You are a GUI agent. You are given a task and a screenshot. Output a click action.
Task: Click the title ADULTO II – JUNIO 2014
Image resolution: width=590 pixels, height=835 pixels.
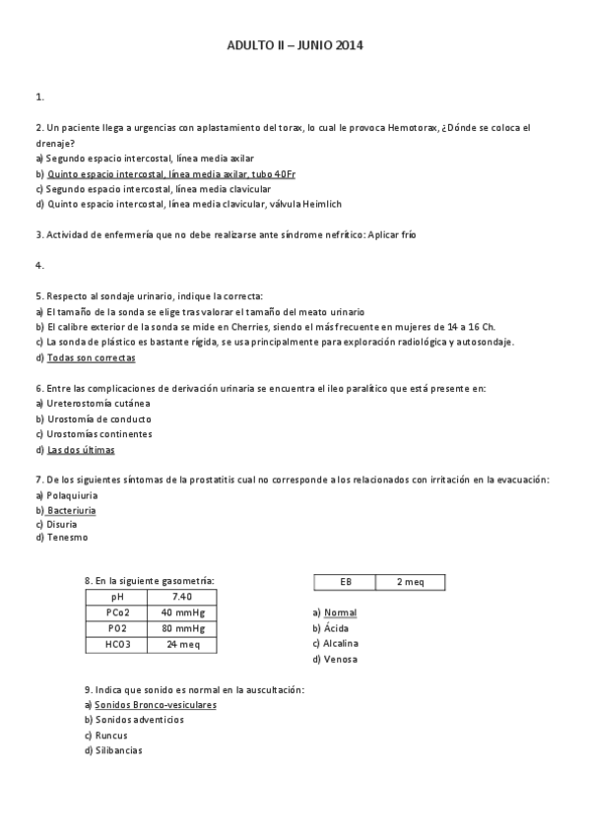(x=295, y=45)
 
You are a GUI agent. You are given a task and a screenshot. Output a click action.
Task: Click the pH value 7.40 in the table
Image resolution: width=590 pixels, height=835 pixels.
(x=181, y=597)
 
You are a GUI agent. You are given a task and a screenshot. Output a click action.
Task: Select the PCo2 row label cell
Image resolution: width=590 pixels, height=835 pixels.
(x=116, y=612)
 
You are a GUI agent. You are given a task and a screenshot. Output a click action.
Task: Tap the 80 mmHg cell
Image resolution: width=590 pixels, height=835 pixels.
(x=181, y=628)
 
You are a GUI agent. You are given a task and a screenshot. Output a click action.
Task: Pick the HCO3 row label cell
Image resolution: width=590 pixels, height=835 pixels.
(x=116, y=644)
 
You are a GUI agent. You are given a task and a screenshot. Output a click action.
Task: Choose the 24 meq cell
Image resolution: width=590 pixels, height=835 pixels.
(x=181, y=644)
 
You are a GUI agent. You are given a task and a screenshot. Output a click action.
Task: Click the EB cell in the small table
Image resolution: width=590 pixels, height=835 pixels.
(x=345, y=583)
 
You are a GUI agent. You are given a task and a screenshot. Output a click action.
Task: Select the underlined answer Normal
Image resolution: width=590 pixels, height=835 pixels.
(x=340, y=612)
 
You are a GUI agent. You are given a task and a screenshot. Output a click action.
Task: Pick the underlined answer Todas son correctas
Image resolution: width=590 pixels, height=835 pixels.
(x=91, y=357)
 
